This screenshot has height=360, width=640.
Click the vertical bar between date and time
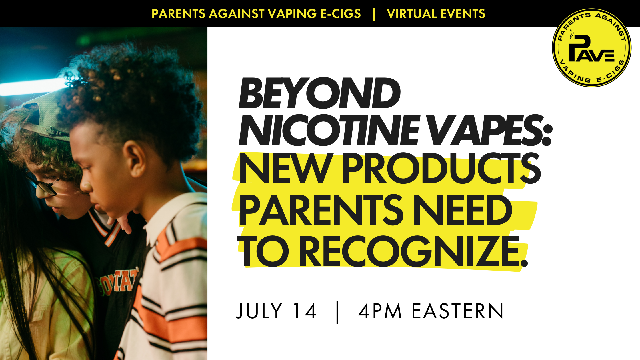[x=337, y=313]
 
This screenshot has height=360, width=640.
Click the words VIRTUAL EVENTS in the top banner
[x=436, y=14]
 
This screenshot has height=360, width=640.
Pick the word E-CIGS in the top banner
[x=341, y=14]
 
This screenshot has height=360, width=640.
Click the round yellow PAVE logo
[x=592, y=48]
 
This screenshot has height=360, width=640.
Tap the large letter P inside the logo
[x=579, y=47]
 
